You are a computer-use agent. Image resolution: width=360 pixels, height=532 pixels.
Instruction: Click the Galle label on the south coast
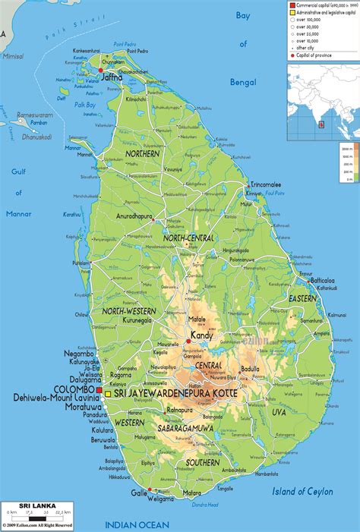pyautogui.click(x=139, y=493)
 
